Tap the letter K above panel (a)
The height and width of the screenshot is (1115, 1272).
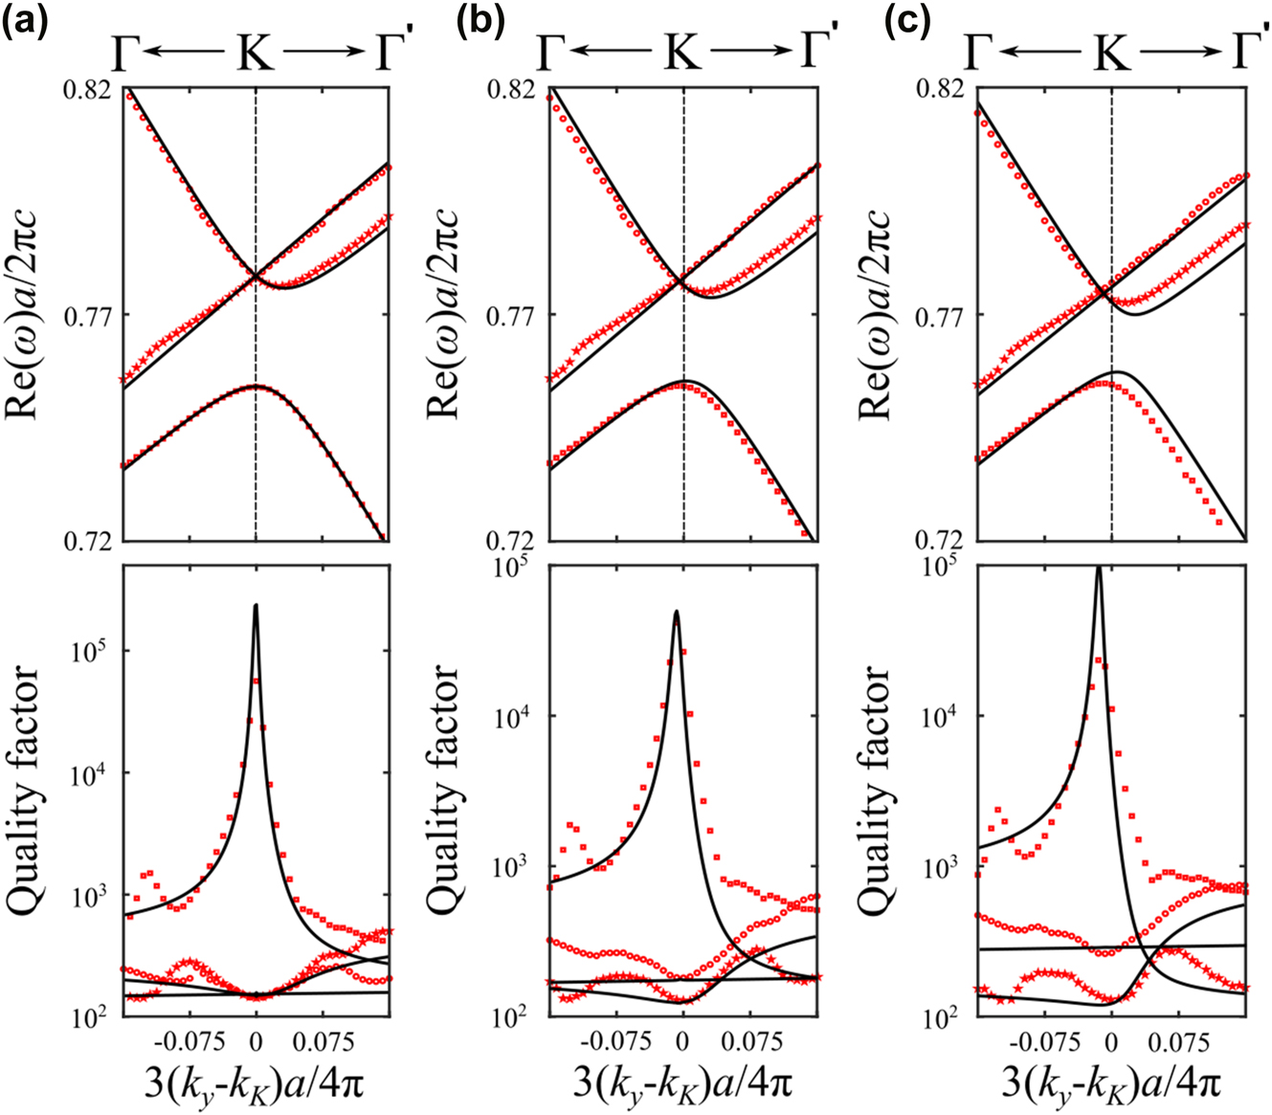click(x=256, y=56)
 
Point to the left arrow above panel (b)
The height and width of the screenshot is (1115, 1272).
click(x=610, y=56)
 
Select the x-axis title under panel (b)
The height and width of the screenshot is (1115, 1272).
click(x=682, y=1083)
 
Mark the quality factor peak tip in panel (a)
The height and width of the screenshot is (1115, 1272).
click(x=256, y=606)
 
